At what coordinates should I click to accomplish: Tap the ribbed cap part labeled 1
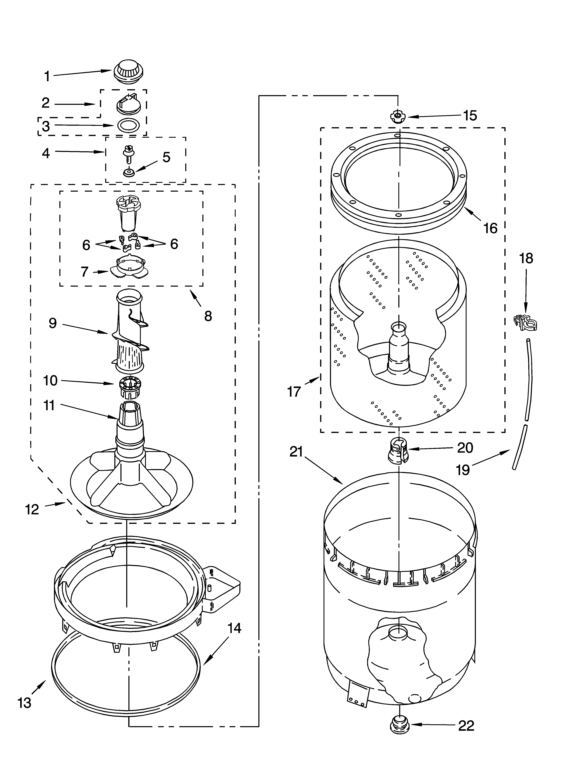coord(128,72)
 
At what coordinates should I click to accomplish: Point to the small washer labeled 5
coord(129,172)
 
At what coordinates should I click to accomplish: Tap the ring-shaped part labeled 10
coord(129,386)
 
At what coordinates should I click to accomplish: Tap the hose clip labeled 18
coord(526,322)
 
